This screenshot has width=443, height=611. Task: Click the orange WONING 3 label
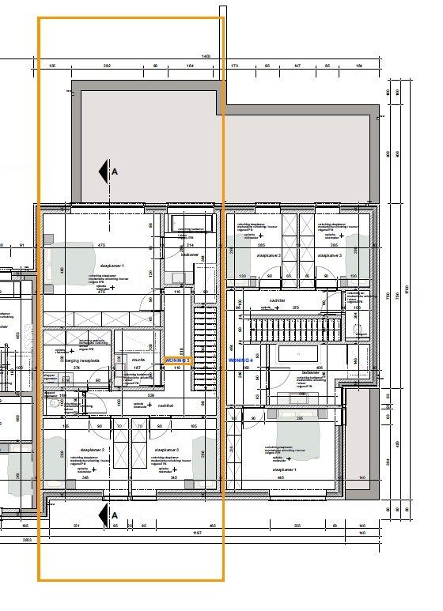coord(177,360)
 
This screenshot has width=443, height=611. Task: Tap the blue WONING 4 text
coord(240,360)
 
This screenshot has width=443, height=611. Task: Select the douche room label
coord(134,357)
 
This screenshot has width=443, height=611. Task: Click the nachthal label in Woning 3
coord(165,404)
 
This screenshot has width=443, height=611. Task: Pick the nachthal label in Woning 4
coord(277,300)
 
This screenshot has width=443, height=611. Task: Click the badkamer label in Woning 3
coord(189,255)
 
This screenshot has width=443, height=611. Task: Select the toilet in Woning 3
coord(56,402)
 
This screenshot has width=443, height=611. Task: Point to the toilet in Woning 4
coord(356,328)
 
